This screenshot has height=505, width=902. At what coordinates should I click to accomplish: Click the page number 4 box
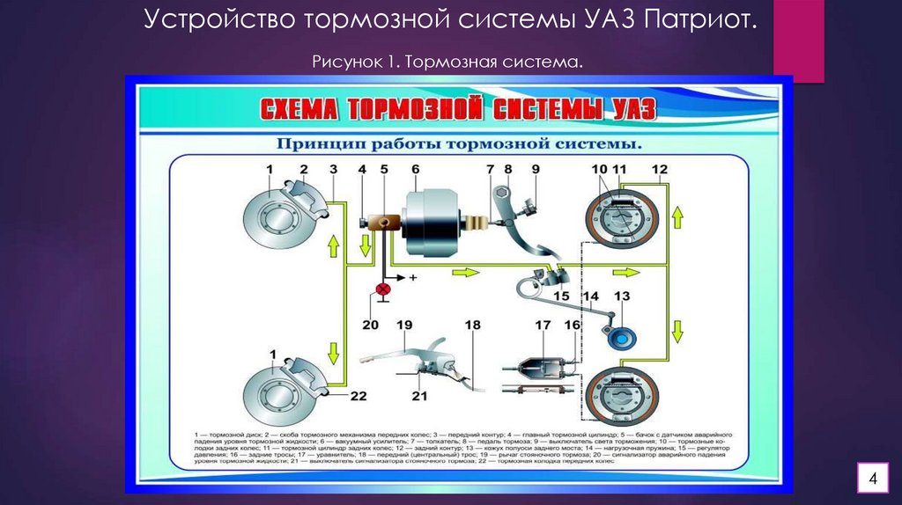click(872, 479)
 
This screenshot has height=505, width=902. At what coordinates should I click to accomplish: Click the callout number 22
click(357, 396)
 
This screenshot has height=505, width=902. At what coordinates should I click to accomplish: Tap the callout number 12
click(660, 169)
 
